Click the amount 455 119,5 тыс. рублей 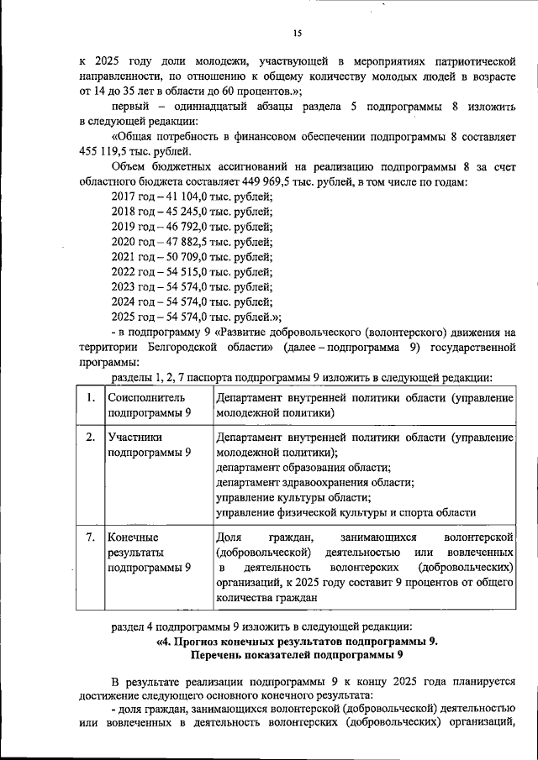136,152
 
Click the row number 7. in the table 90,537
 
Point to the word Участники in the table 135,437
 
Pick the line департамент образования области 303,467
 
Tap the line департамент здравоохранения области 314,482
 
